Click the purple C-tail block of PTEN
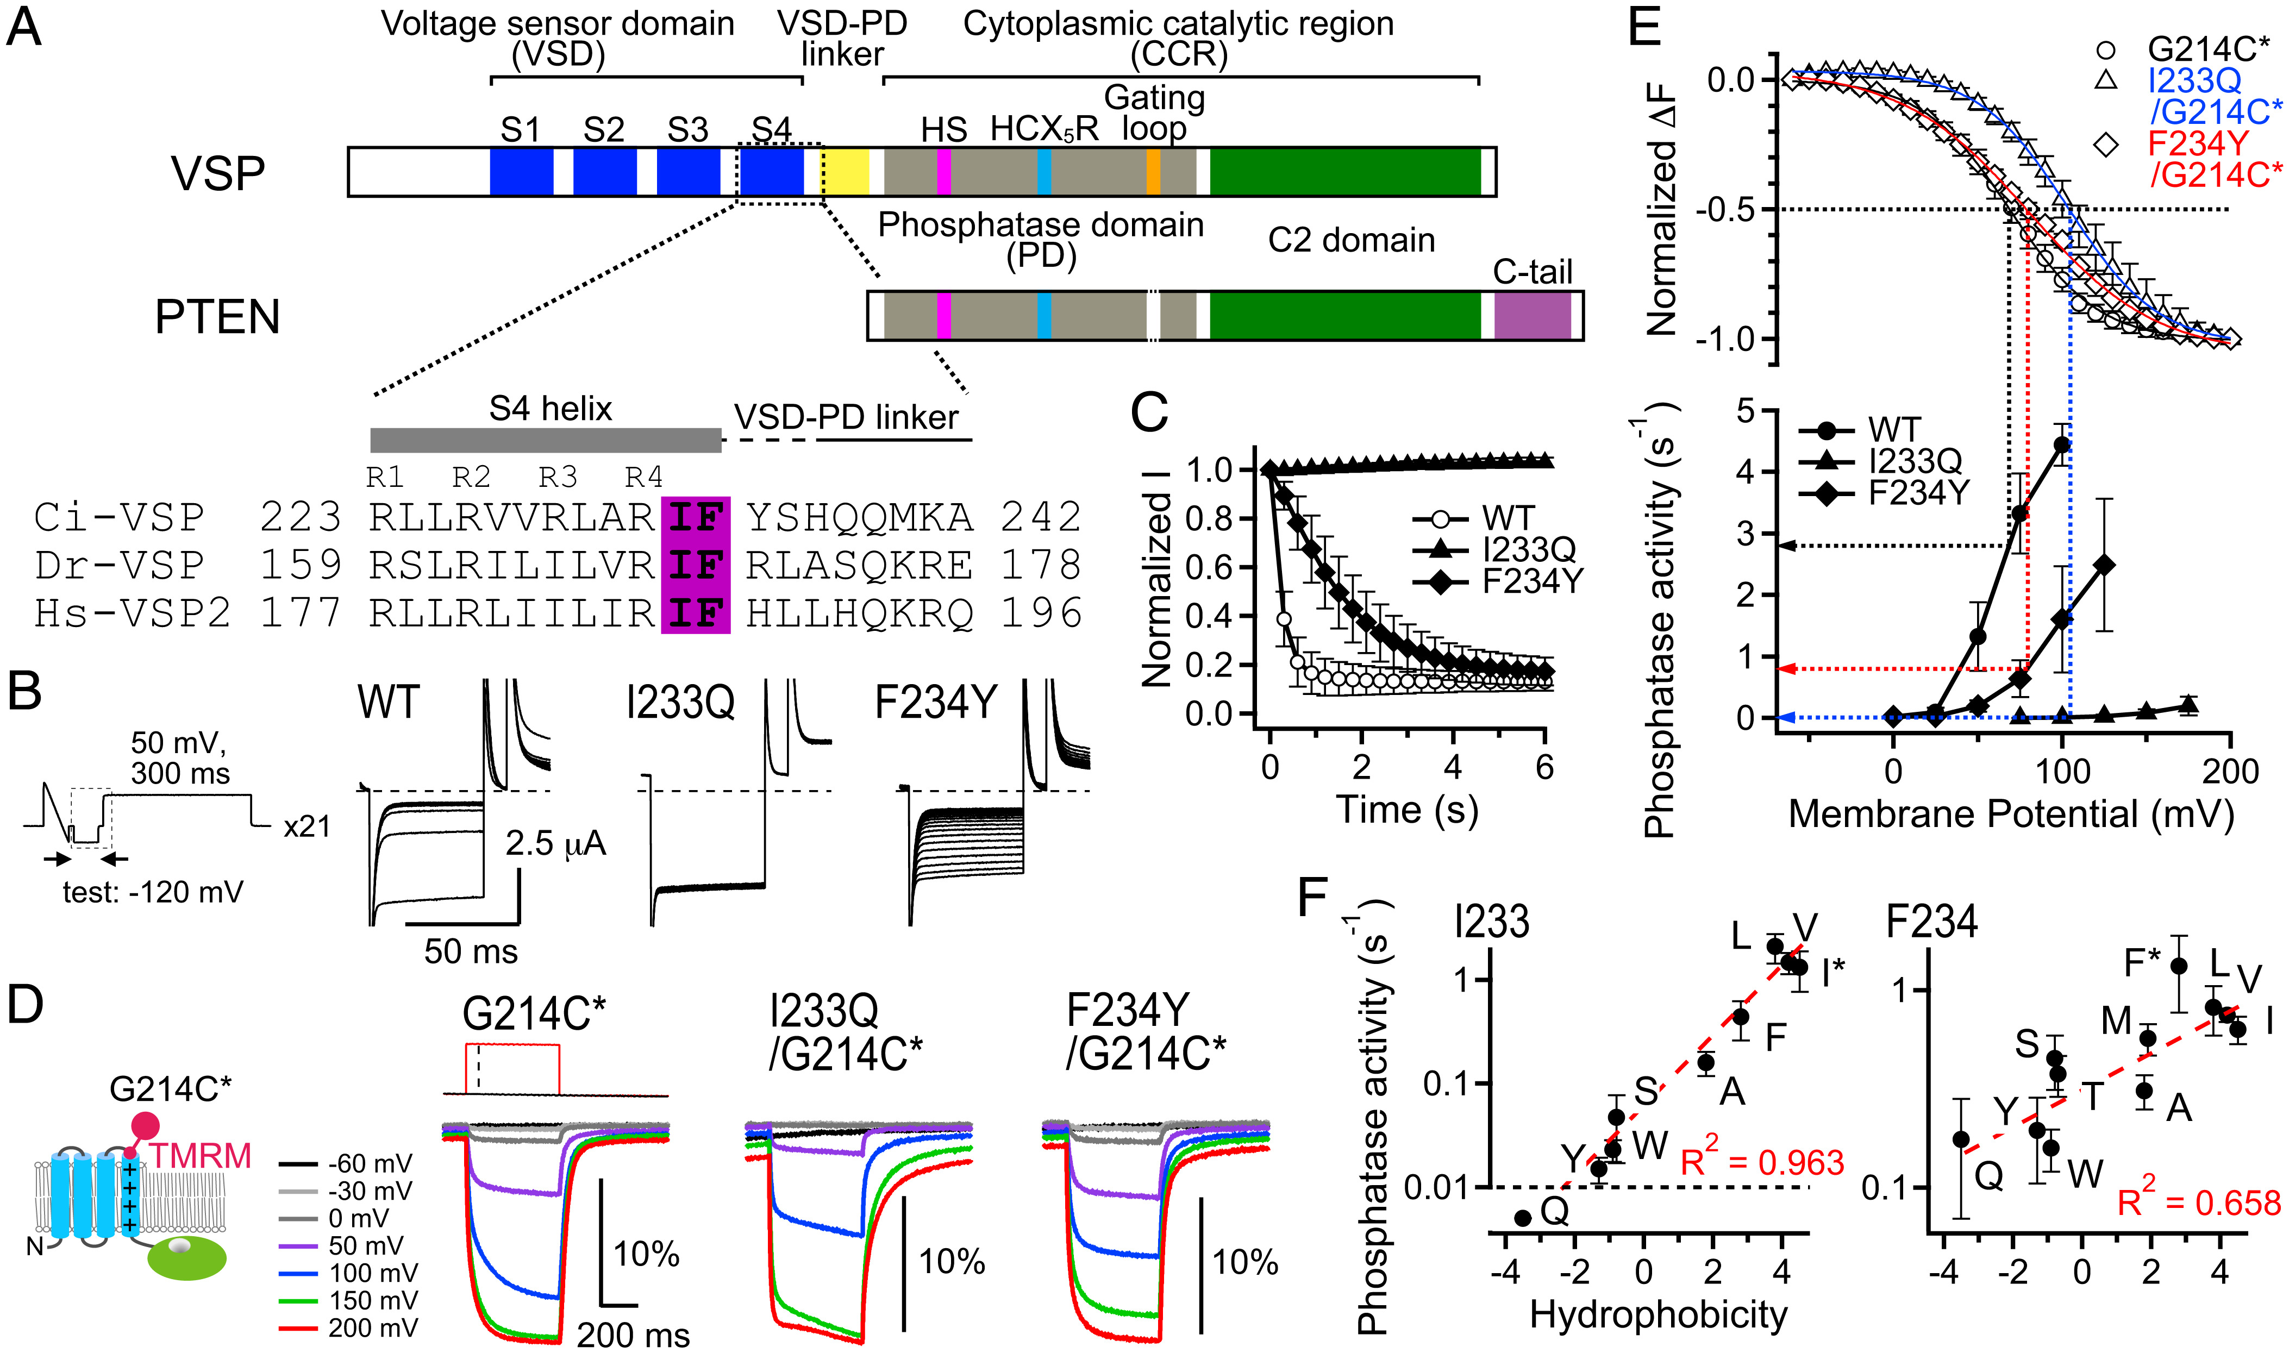[x=1533, y=316]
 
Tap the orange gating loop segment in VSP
[x=1153, y=171]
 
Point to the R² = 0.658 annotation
[x=2198, y=1201]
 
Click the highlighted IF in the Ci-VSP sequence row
[x=696, y=518]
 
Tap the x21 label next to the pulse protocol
[x=307, y=826]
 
